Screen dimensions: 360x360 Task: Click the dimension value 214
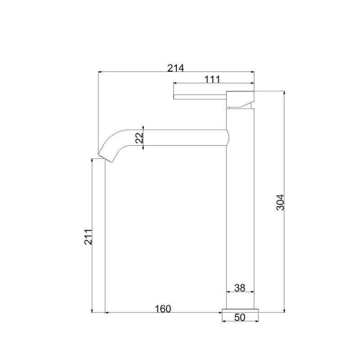pyautogui.click(x=175, y=68)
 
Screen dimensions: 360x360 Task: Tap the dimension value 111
pyautogui.click(x=212, y=80)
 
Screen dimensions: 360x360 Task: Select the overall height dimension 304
pyautogui.click(x=280, y=202)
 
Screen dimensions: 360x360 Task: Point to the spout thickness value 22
pyautogui.click(x=139, y=138)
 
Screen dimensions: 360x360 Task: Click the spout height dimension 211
pyautogui.click(x=88, y=237)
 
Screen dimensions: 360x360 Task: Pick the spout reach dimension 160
pyautogui.click(x=163, y=309)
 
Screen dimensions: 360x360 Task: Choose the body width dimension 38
pyautogui.click(x=240, y=288)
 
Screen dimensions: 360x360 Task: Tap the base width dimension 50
pyautogui.click(x=240, y=317)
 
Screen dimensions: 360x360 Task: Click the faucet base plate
pyautogui.click(x=240, y=310)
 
